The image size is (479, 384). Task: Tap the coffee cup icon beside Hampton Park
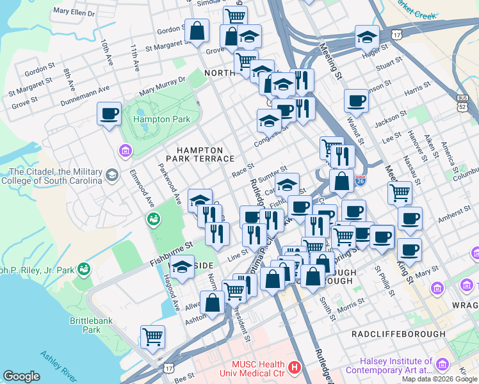tap(109, 114)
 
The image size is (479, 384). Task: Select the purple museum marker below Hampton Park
tap(125, 151)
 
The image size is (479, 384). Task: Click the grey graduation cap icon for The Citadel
tap(112, 175)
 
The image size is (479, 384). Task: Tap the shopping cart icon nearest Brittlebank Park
tap(152, 336)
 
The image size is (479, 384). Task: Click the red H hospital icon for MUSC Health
tap(294, 367)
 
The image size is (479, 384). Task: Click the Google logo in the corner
tap(21, 376)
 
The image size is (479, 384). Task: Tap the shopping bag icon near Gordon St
tap(197, 30)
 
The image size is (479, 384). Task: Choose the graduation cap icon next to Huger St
tap(367, 36)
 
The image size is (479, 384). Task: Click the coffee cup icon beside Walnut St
tap(356, 100)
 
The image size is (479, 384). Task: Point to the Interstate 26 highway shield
tap(361, 181)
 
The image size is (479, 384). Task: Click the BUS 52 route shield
tap(463, 102)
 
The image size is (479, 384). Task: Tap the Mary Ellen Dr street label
tap(74, 12)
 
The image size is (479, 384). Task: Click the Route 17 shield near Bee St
tap(168, 367)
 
